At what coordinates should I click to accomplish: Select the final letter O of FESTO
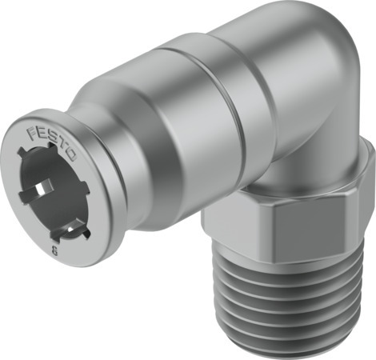point(70,158)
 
